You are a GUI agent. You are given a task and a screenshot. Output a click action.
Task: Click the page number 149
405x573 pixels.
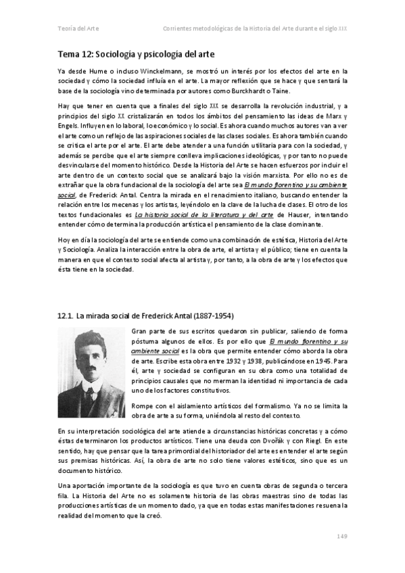click(x=341, y=537)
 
